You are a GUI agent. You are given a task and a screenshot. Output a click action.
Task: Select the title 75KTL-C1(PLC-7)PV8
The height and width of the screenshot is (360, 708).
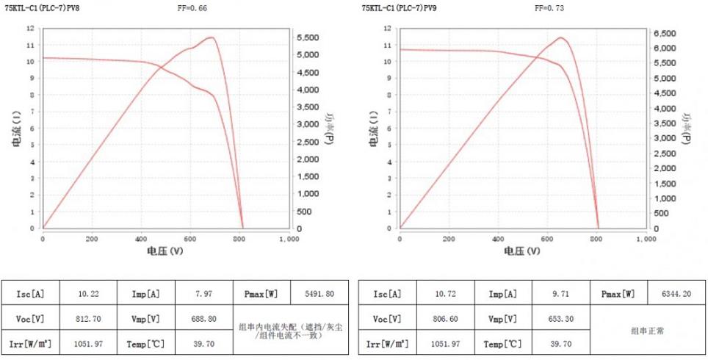pyautogui.click(x=43, y=7)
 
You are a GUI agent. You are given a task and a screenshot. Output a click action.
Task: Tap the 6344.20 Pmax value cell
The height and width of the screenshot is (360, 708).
pyautogui.click(x=676, y=293)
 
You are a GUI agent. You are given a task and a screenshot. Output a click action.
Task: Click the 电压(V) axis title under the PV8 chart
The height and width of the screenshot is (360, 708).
pyautogui.click(x=165, y=251)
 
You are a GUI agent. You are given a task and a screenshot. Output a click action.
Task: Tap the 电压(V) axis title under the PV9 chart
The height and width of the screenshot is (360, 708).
pyautogui.click(x=521, y=251)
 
